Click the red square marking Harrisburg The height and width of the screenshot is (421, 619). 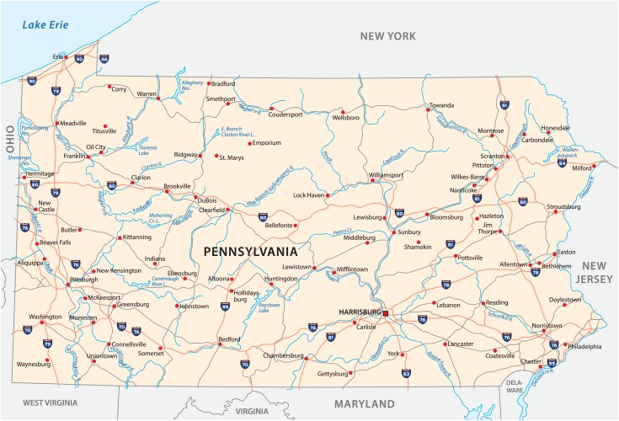pos(385,313)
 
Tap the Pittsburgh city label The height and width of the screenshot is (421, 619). pos(84,279)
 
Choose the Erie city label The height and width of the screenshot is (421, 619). pos(58,57)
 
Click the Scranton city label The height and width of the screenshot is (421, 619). pos(491,157)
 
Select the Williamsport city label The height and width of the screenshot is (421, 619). pos(386,174)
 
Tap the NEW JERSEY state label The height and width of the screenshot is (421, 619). pos(597,271)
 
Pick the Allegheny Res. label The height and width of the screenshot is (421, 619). pos(193,84)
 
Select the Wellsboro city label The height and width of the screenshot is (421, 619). pos(344,118)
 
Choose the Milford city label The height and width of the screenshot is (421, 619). pos(581,168)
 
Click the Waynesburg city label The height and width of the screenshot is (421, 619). pos(33,364)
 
